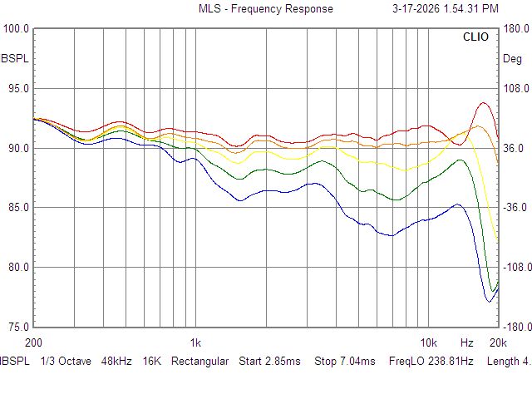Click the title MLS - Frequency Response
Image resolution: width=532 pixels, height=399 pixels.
pos(265,9)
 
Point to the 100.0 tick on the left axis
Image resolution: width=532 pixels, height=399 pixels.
pos(17,29)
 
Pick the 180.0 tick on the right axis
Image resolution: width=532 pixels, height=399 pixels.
pos(516,29)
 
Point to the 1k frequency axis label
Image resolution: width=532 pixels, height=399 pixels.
pos(195,342)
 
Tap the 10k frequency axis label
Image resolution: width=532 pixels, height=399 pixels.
pos(428,342)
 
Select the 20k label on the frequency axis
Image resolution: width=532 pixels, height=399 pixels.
pos(498,342)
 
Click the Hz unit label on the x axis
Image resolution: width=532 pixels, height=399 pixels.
pos(467,342)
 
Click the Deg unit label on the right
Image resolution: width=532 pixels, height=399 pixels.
pos(513,59)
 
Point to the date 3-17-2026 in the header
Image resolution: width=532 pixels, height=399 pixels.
pos(418,9)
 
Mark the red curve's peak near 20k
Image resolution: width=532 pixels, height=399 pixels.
pos(484,103)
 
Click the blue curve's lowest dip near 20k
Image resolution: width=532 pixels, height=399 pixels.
pos(489,301)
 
